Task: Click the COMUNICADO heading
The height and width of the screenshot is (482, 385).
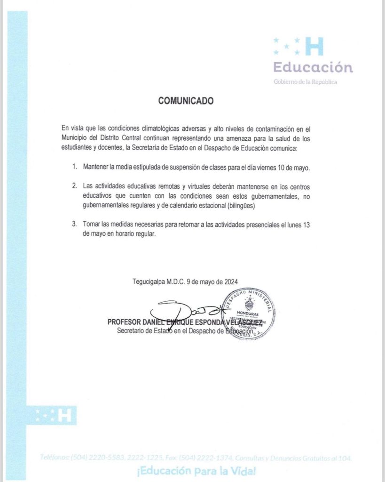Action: pyautogui.click(x=186, y=101)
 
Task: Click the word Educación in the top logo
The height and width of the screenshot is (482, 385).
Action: pyautogui.click(x=313, y=67)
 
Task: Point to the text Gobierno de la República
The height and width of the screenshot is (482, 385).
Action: pyautogui.click(x=306, y=82)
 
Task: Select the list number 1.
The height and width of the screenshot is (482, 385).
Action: pyautogui.click(x=74, y=167)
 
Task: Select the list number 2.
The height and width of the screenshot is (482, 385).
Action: pyautogui.click(x=74, y=186)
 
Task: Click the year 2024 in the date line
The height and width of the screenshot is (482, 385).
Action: pyautogui.click(x=230, y=281)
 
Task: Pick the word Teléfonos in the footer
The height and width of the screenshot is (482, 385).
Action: pyautogui.click(x=55, y=458)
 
